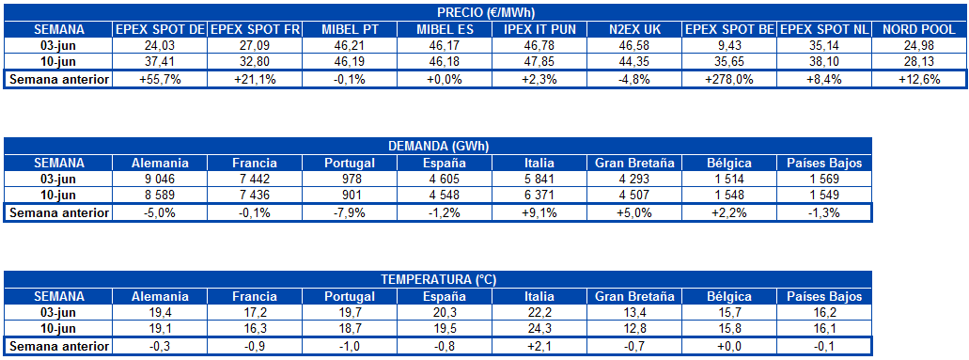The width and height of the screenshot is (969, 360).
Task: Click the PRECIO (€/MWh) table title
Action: (487, 13)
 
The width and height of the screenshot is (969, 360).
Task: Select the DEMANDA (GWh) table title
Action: (438, 147)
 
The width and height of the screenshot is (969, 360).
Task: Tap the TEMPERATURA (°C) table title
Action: (438, 279)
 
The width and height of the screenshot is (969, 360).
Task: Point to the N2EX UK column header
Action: (634, 29)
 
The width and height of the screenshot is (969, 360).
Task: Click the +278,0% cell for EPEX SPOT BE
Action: (729, 79)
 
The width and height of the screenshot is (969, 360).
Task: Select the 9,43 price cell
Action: (729, 45)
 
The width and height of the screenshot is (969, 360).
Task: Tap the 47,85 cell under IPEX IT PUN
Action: (539, 62)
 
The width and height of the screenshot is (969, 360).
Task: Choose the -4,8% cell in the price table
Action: (634, 79)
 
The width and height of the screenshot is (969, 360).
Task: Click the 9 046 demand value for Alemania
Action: (160, 179)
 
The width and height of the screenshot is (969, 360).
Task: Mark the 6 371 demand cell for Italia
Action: (539, 196)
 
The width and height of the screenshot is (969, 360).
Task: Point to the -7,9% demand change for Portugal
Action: (350, 212)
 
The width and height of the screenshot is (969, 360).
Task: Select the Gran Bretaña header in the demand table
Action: (634, 163)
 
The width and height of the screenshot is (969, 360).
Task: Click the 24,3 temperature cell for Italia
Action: (539, 329)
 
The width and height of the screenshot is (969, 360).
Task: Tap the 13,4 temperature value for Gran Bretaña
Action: (634, 312)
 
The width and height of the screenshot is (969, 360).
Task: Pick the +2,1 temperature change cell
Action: (539, 346)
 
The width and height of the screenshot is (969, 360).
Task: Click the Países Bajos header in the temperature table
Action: (824, 295)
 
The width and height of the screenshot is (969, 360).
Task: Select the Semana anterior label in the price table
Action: (58, 79)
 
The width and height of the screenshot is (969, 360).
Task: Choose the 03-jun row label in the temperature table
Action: (58, 312)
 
